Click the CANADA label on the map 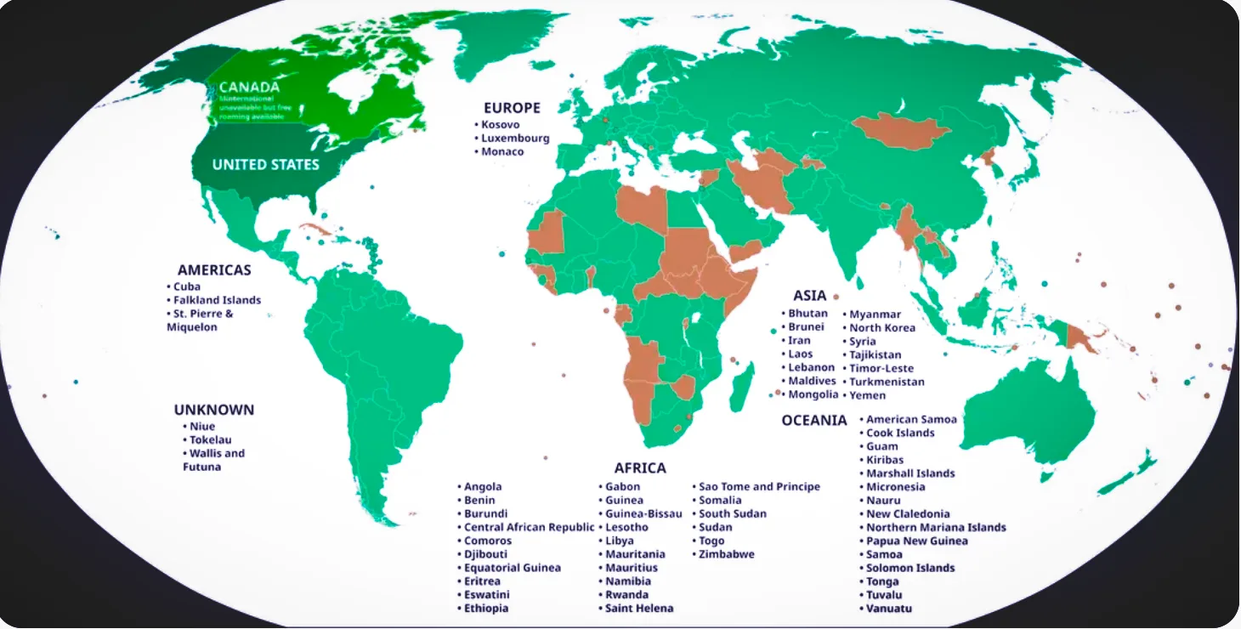[x=249, y=87]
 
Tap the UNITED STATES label [x=265, y=164]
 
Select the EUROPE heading [x=512, y=108]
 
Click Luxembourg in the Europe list [x=515, y=138]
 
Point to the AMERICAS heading [x=214, y=270]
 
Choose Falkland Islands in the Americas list [x=217, y=300]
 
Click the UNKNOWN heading [x=214, y=410]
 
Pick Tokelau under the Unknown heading [x=210, y=439]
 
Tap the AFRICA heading [x=640, y=468]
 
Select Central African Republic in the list [x=529, y=527]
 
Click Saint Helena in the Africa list [x=638, y=609]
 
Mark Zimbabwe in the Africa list [x=726, y=554]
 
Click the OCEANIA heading [x=814, y=420]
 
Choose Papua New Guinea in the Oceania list [x=916, y=541]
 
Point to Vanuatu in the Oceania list [x=889, y=609]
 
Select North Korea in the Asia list [x=882, y=327]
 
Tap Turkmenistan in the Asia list [x=887, y=382]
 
